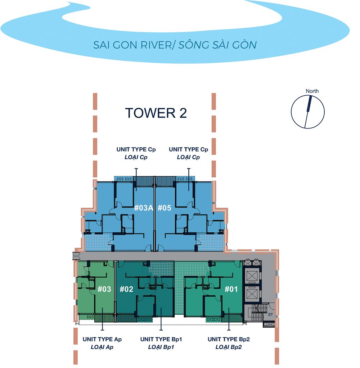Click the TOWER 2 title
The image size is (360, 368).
pyautogui.click(x=156, y=113)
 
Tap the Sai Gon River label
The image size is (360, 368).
pyautogui.click(x=175, y=45)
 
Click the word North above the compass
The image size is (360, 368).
pyautogui.click(x=312, y=91)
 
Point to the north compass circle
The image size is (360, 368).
pyautogui.click(x=307, y=112)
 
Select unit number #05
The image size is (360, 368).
pyautogui.click(x=164, y=208)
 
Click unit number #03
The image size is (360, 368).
pyautogui.click(x=104, y=289)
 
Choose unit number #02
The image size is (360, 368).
pyautogui.click(x=126, y=289)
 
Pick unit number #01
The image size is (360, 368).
pyautogui.click(x=231, y=289)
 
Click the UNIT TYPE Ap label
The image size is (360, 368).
pyautogui.click(x=102, y=339)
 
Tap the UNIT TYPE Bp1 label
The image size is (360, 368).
pyautogui.click(x=161, y=339)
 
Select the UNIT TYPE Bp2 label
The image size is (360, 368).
pyautogui.click(x=229, y=339)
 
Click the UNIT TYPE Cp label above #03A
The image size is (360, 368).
pyautogui.click(x=136, y=149)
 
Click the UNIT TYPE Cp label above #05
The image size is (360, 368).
pyautogui.click(x=188, y=149)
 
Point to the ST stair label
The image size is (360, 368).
pyautogui.click(x=270, y=314)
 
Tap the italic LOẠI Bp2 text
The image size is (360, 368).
pyautogui.click(x=229, y=347)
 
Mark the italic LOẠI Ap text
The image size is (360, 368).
pyautogui.click(x=102, y=347)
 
